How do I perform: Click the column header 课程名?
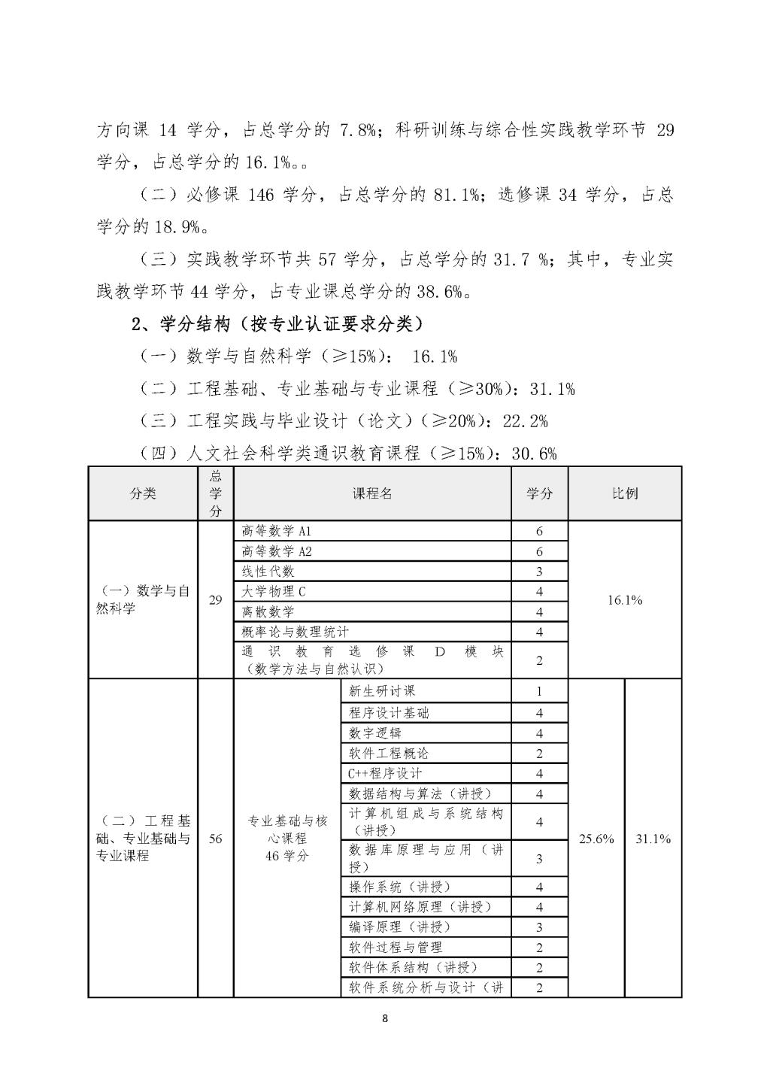(x=372, y=493)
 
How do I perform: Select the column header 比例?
(x=624, y=493)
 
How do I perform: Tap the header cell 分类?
(x=143, y=493)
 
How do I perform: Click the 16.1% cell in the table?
(x=624, y=600)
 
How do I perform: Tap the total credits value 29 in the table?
(x=216, y=600)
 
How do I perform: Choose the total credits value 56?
(x=216, y=839)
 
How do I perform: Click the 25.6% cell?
(x=596, y=839)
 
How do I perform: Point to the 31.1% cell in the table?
(x=653, y=839)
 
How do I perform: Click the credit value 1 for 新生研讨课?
(x=539, y=691)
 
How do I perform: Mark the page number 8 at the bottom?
(x=385, y=1019)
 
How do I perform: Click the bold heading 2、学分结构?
(x=277, y=324)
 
